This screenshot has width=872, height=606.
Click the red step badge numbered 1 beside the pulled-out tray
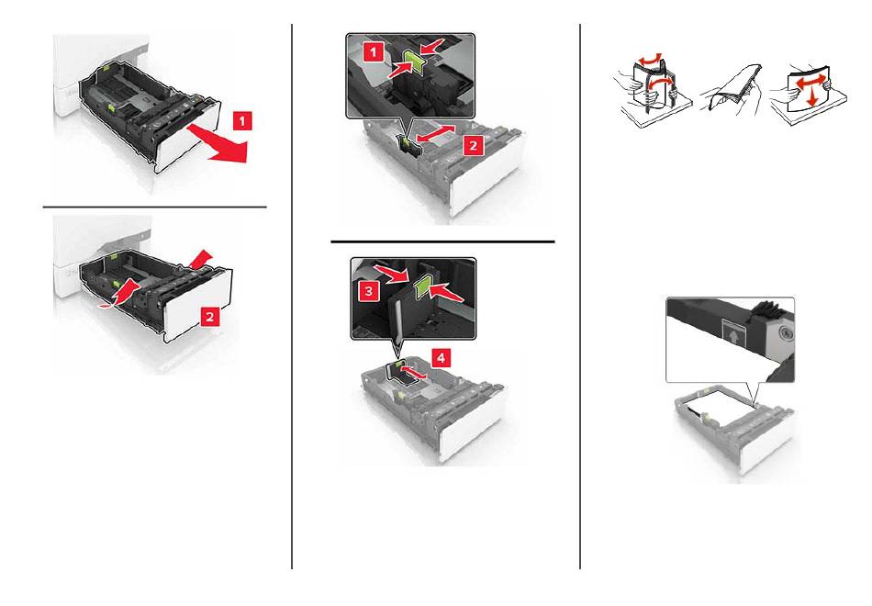point(242,120)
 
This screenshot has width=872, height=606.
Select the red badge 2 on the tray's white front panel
point(209,317)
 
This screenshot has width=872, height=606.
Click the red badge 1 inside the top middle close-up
point(374,53)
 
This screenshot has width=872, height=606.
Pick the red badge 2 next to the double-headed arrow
point(473,145)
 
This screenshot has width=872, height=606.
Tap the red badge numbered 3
point(369,290)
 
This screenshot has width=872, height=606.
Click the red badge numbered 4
point(441,358)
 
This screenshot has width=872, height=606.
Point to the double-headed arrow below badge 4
point(413,372)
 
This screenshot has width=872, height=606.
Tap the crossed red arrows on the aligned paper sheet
point(808,88)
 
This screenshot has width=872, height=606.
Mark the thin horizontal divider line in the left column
point(154,207)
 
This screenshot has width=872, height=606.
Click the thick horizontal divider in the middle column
point(442,241)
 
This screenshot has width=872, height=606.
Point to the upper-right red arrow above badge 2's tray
point(201,258)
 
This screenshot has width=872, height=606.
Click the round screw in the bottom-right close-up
point(785,334)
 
